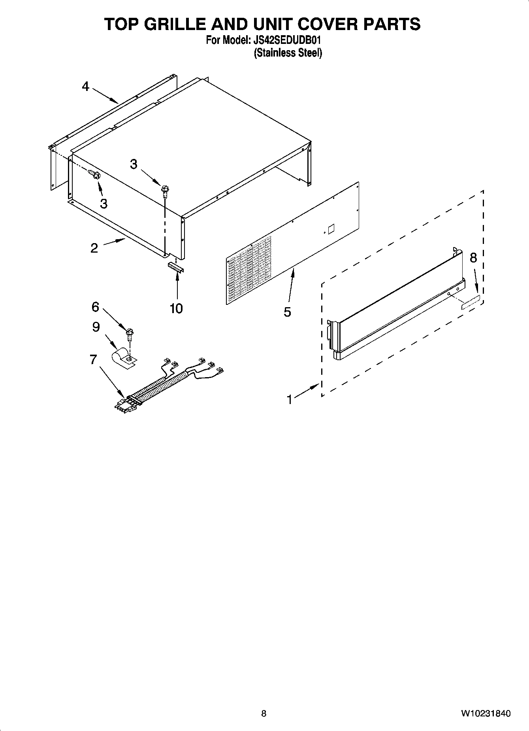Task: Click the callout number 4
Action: (86, 86)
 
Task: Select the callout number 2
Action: (94, 248)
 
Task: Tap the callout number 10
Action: (176, 308)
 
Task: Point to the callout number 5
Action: (287, 312)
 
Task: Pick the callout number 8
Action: (473, 258)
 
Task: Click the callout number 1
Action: (290, 400)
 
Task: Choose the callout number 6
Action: (95, 307)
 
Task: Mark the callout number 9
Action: (96, 327)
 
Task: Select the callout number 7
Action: (93, 359)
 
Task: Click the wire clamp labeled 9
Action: (123, 357)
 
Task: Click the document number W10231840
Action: (485, 713)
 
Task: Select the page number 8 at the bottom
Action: (264, 713)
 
